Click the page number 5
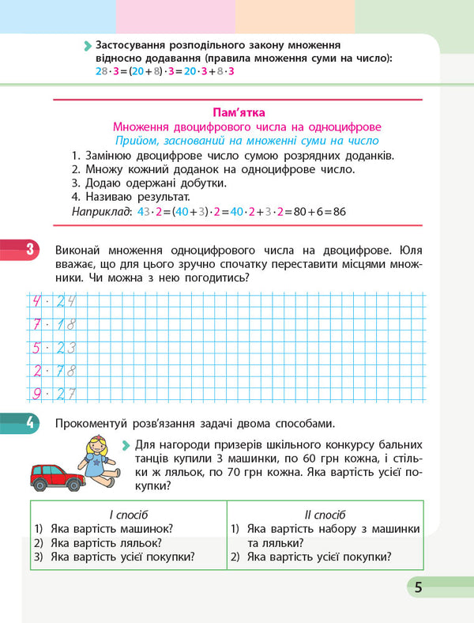[418, 587]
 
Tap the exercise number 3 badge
[28, 251]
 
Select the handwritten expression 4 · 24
[53, 301]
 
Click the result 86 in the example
[340, 212]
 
